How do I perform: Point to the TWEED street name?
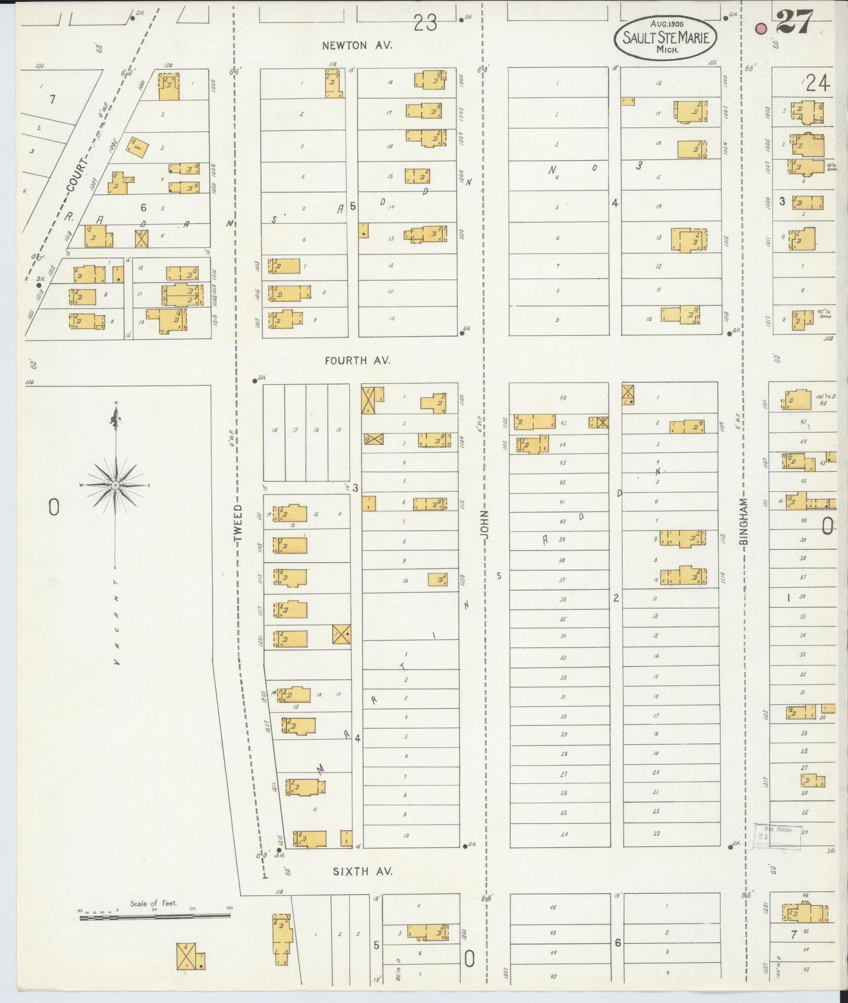pos(238,523)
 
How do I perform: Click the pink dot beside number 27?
pos(761,28)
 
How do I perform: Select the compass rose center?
pos(116,486)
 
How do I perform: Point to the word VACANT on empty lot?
pos(116,622)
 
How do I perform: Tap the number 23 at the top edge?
pos(425,23)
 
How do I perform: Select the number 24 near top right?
pos(817,84)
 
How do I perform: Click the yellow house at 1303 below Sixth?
pos(427,933)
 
